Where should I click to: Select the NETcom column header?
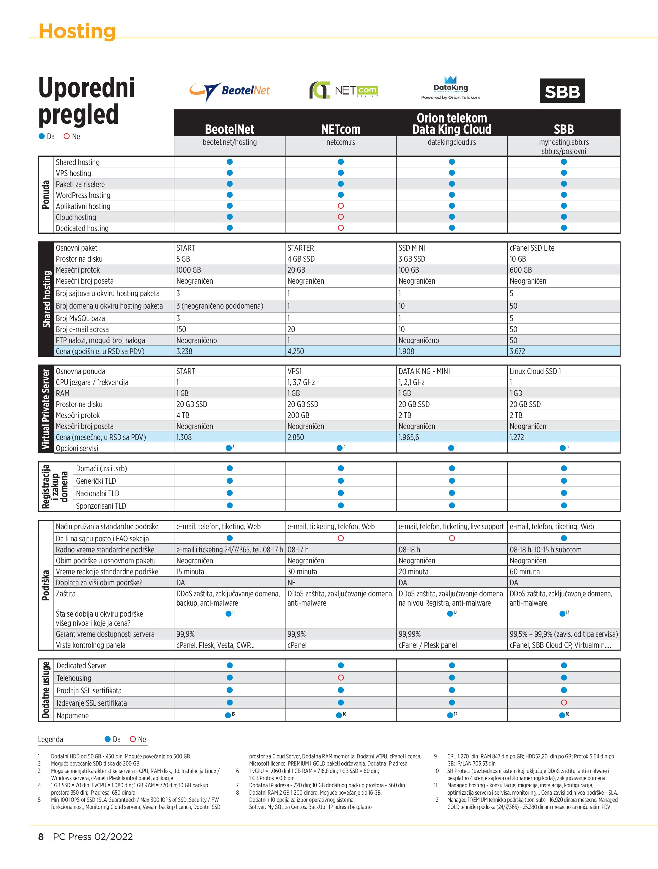[340, 129]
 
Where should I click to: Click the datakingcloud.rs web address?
[452, 142]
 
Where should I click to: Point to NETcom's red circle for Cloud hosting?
[341, 217]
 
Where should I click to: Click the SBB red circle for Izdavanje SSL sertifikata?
[564, 703]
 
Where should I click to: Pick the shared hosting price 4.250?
[296, 351]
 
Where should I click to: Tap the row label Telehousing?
[74, 678]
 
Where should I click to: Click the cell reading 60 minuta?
[525, 572]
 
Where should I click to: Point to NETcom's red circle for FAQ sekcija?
[341, 538]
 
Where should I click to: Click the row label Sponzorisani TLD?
[101, 506]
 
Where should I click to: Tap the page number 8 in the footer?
[41, 837]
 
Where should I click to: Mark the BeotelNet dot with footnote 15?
[228, 715]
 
